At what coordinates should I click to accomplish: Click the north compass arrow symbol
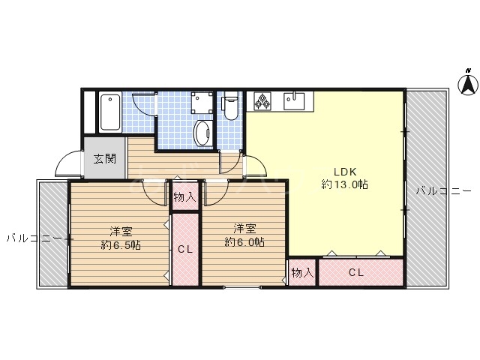tap(468, 81)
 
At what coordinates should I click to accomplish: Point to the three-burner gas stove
tap(262, 101)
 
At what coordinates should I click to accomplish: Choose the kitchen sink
tap(294, 100)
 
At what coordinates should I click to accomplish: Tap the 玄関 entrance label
tap(105, 158)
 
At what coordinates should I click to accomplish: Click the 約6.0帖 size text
tap(244, 241)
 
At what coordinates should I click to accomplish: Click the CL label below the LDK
tap(356, 272)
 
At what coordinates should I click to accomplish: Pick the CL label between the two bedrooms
tap(184, 250)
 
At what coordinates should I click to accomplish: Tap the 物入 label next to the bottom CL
tap(302, 272)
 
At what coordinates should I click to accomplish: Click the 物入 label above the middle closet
tap(184, 197)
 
